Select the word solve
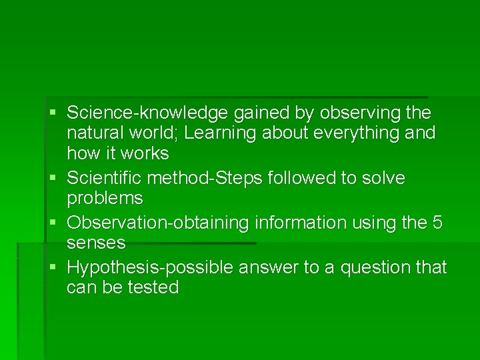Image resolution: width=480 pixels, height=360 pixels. click(381, 178)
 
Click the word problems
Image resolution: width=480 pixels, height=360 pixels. click(105, 198)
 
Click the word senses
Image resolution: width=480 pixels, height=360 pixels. click(96, 243)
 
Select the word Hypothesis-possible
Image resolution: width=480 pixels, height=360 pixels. click(153, 267)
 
